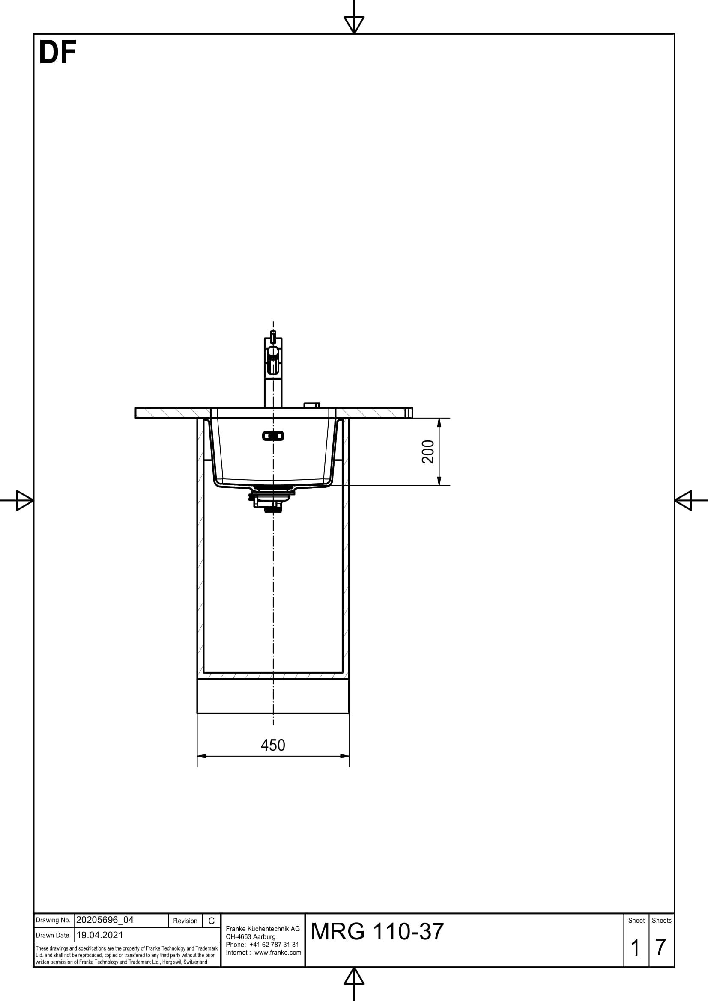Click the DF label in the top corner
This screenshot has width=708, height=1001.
(57, 53)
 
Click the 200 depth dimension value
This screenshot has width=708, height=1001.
(428, 451)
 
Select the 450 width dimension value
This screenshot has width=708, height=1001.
(273, 745)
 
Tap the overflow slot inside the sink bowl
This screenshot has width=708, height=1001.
(273, 436)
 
